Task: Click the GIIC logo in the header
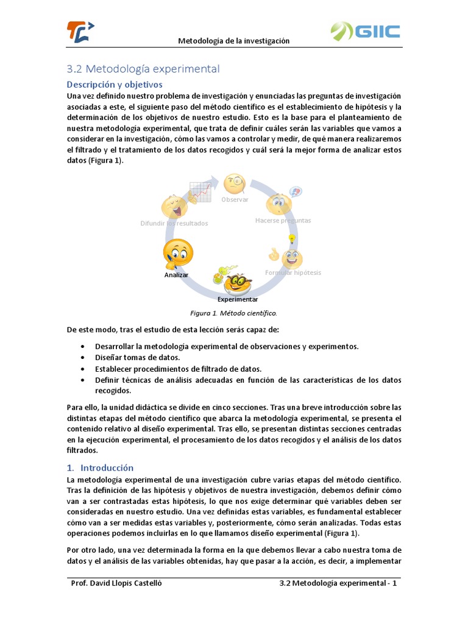point(365,31)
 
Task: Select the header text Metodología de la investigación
point(233,41)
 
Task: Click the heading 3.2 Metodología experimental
point(143,69)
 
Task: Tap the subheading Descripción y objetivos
point(115,84)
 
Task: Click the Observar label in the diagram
point(235,199)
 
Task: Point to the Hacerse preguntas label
point(283,220)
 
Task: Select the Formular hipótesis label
point(292,272)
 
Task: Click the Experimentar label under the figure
point(238,299)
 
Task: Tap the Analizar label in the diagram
point(176,275)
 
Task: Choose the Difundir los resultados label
point(174,223)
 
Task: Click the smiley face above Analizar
point(178,253)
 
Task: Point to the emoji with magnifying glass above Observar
point(235,183)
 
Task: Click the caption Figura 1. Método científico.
point(234,313)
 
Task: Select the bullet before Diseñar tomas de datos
point(82,358)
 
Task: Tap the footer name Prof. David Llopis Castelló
point(116,583)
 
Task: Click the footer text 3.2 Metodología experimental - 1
point(338,583)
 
